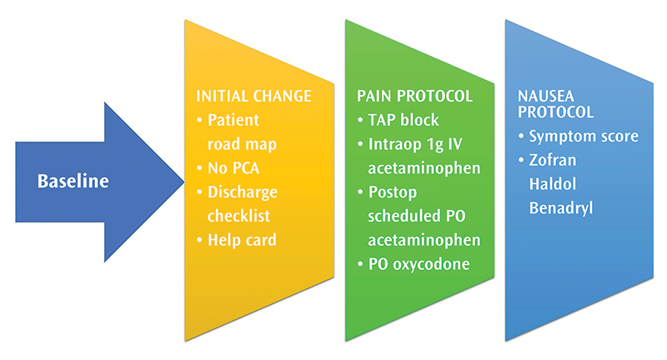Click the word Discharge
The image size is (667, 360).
pyautogui.click(x=242, y=192)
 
